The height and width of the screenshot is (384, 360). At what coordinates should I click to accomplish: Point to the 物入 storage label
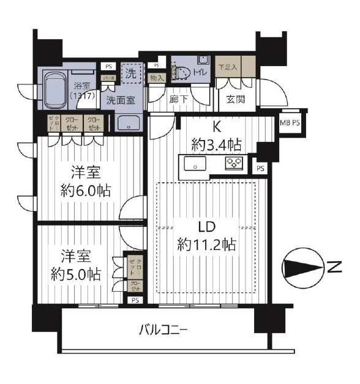157,78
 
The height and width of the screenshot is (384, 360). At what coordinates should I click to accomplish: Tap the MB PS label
290,122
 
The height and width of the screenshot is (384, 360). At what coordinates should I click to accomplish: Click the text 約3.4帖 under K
217,145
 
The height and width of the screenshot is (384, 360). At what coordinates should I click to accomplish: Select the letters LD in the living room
206,227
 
